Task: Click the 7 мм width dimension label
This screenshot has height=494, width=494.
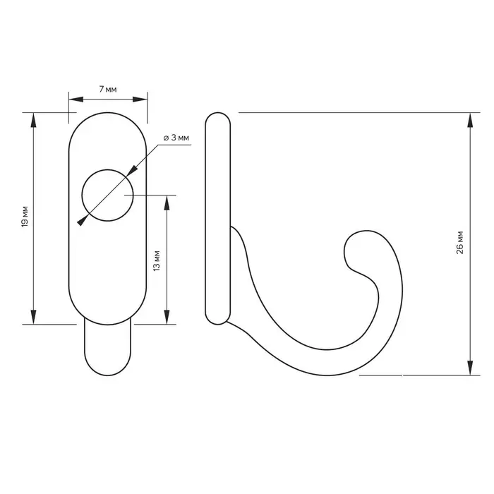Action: coord(108,90)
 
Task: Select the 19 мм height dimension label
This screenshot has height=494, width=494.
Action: coord(25,216)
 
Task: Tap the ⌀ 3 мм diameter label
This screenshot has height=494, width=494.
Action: coord(176,138)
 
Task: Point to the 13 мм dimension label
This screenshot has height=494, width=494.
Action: coord(156,260)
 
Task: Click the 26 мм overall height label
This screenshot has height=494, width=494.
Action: coord(459,243)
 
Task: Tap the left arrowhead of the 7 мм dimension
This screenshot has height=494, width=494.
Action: coord(76,100)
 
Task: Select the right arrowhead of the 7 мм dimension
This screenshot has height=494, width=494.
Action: coord(140,100)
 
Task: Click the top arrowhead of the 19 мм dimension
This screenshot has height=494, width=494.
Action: coord(33,120)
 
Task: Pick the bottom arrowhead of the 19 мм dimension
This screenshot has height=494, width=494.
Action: coord(33,317)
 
